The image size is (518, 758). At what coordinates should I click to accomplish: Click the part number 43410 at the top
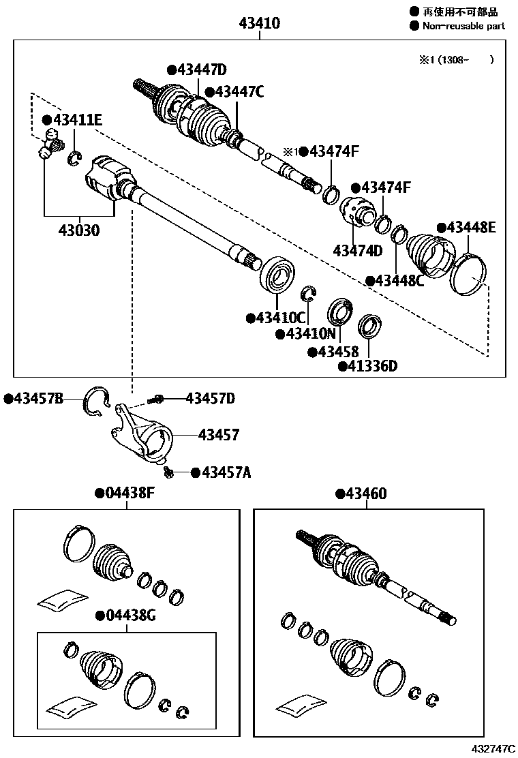coord(259,24)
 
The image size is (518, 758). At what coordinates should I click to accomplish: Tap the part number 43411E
coord(72,121)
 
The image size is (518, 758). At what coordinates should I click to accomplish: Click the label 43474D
coord(357,250)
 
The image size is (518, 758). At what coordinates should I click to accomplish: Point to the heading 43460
coord(361,494)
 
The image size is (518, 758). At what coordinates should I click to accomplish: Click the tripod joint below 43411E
coord(50,143)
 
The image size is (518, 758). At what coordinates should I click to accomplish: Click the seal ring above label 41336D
coord(369,325)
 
